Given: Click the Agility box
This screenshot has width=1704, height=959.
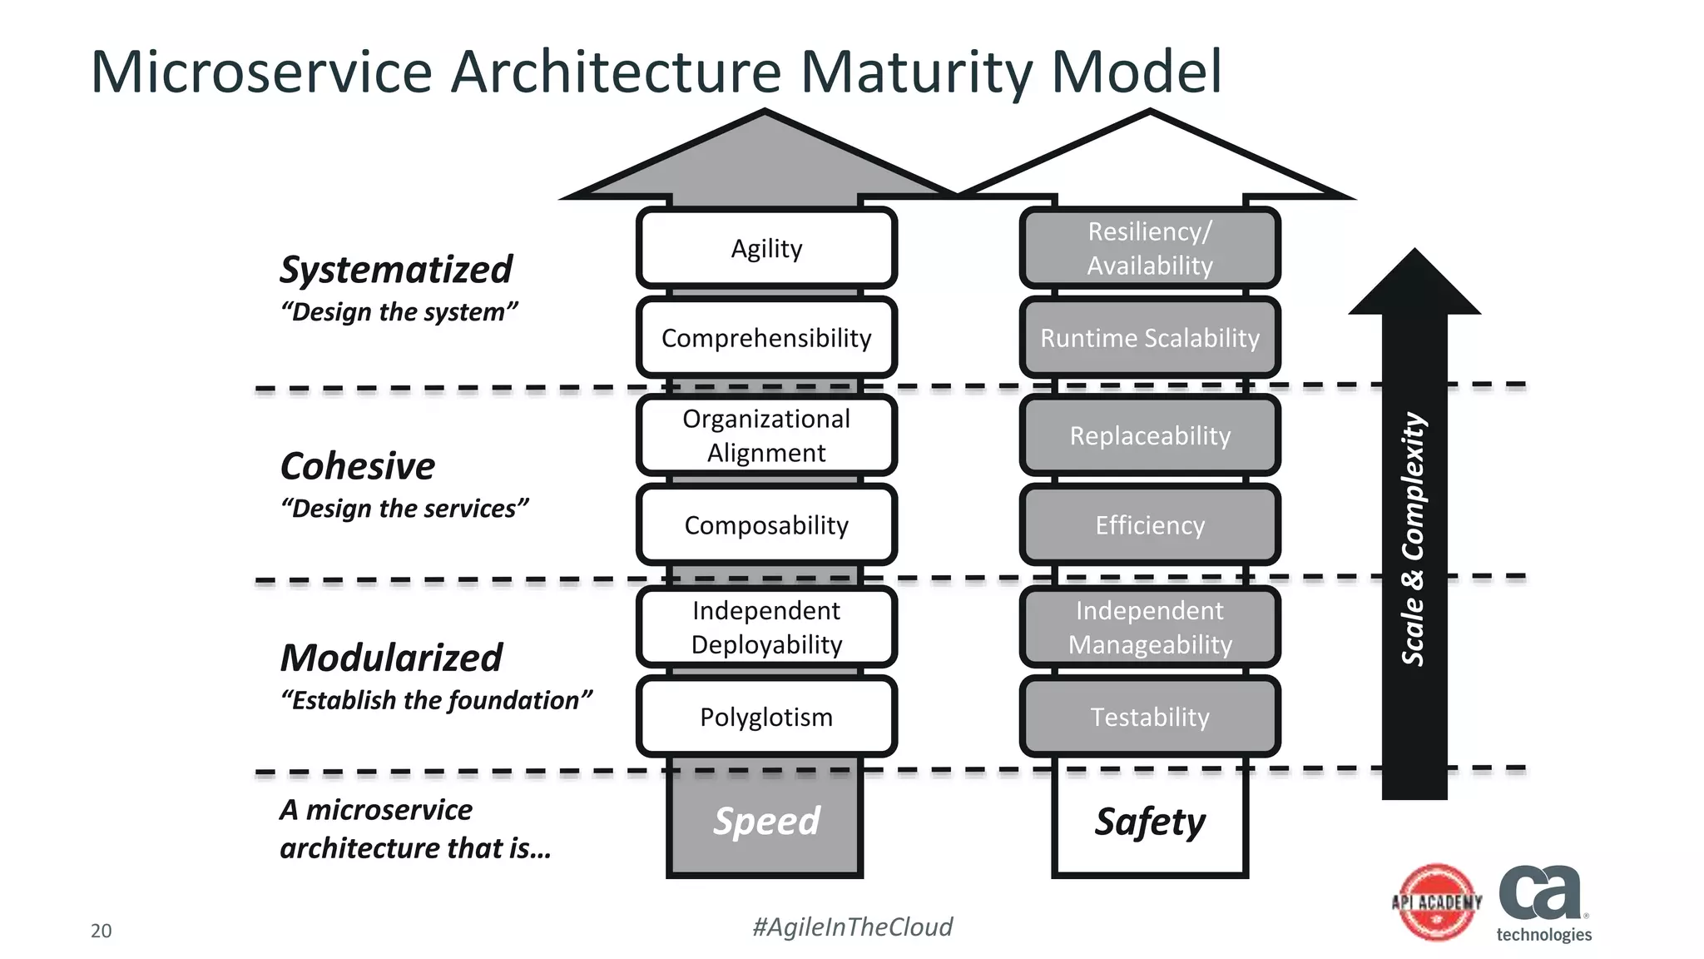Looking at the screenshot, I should (766, 248).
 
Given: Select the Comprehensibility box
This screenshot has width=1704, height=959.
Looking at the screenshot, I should (766, 338).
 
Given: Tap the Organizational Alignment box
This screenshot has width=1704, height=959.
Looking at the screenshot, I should (766, 435).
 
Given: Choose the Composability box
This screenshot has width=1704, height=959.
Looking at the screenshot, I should (766, 525).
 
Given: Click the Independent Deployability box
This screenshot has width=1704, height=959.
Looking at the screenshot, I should (766, 627).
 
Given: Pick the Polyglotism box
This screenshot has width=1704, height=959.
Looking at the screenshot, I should (766, 717).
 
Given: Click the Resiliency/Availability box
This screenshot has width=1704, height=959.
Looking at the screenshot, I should (1150, 248).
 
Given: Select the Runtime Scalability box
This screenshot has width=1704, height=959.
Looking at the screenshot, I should (1150, 338).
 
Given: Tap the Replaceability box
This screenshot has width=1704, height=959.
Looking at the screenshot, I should (1150, 435).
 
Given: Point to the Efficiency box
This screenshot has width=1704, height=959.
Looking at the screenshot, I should (1150, 525).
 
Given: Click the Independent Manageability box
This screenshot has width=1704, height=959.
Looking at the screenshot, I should (1150, 627).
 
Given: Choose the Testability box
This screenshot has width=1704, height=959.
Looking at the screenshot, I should (1150, 717).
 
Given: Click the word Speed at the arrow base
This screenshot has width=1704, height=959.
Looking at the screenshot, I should (766, 821).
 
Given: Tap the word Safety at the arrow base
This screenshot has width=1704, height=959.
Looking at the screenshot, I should (1150, 822).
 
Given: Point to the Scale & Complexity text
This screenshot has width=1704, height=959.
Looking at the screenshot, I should (1414, 539).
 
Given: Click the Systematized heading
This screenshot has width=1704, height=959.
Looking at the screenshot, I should (396, 270).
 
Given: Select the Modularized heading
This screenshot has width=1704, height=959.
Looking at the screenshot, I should (391, 658).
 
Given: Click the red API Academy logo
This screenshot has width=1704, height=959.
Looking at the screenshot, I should (1437, 902).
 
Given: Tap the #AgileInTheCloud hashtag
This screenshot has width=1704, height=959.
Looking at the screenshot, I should (852, 927).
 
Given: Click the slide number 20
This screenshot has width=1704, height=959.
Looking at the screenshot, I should (101, 931).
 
